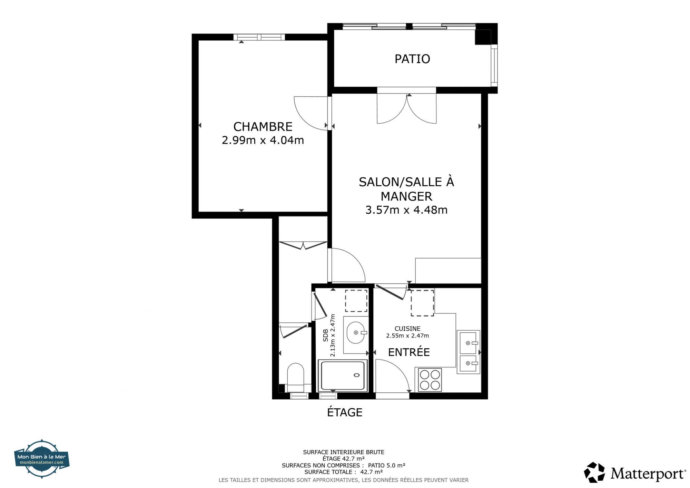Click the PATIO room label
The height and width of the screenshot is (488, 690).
[412, 59]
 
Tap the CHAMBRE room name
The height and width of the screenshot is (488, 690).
[263, 127]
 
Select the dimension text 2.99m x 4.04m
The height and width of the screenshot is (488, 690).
[263, 140]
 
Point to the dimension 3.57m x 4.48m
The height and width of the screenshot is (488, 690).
[406, 210]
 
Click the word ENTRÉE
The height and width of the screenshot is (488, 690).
[409, 352]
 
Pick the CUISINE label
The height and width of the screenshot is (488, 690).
[407, 329]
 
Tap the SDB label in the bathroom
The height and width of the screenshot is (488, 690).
[326, 335]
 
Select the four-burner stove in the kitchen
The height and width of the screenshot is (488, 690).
[430, 380]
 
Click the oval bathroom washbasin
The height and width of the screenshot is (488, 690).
[356, 333]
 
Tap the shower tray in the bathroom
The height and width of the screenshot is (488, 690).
[343, 375]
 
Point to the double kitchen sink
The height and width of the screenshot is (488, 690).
[469, 352]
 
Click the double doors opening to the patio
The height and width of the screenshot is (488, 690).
[407, 108]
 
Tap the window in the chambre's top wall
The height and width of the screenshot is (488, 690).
[259, 37]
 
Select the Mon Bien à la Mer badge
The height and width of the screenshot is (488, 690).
[42, 459]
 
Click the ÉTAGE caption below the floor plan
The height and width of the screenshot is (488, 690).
[345, 412]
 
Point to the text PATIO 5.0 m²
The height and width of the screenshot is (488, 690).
[386, 465]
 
